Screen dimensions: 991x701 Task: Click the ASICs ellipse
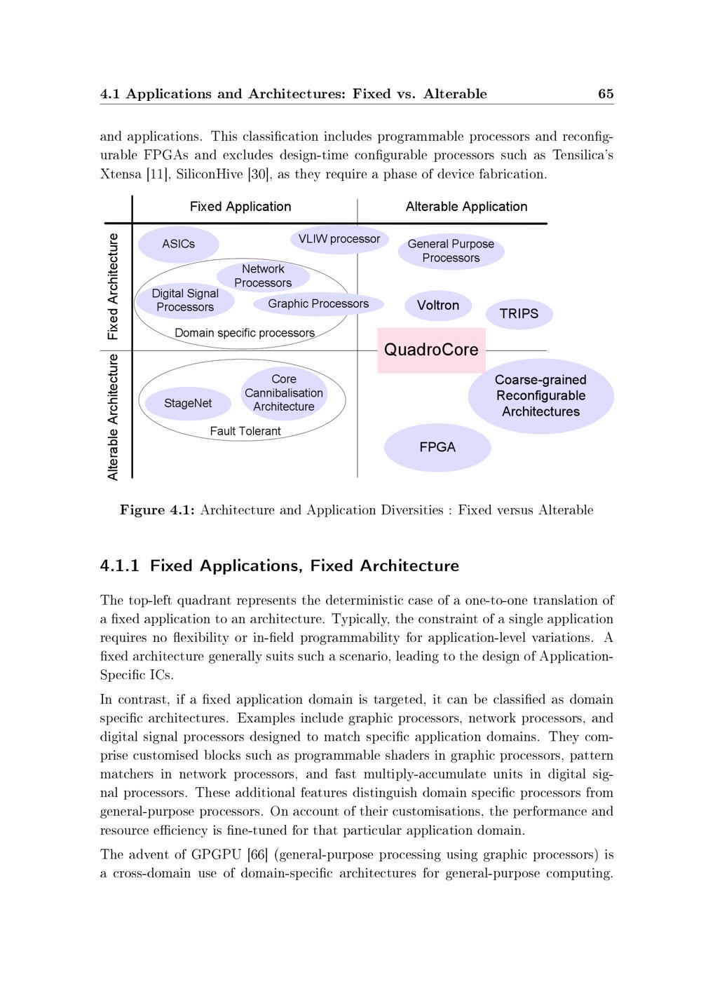(179, 244)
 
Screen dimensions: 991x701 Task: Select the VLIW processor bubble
(339, 239)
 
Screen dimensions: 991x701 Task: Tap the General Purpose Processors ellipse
(451, 251)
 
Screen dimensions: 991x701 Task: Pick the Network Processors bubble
(263, 275)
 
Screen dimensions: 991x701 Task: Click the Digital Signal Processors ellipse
(185, 300)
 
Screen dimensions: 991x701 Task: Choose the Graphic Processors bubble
(318, 303)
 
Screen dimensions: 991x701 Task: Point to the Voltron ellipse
(438, 306)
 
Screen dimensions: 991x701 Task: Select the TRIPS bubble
(519, 314)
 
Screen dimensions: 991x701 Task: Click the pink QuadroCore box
(431, 350)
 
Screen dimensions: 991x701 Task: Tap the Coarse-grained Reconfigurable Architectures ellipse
(540, 396)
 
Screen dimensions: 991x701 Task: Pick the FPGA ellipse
(437, 447)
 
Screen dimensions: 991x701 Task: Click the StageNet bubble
(188, 403)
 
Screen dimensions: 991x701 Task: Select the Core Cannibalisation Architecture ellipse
(284, 393)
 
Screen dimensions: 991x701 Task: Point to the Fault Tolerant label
(245, 431)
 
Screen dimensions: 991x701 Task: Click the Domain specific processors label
(245, 333)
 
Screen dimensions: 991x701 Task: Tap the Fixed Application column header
(240, 207)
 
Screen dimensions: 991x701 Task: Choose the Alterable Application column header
(466, 207)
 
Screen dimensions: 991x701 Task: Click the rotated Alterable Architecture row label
(113, 417)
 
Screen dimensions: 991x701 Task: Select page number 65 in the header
(606, 94)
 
